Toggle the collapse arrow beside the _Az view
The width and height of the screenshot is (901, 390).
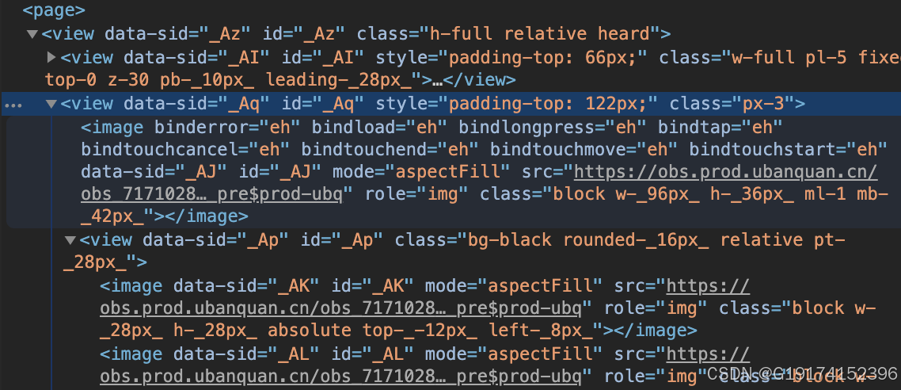tap(32, 34)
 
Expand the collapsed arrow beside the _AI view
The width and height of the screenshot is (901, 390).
tap(51, 57)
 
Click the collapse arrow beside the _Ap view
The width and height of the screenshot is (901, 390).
tap(70, 239)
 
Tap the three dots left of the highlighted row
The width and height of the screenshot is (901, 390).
tap(18, 104)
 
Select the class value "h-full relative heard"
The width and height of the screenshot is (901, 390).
tap(545, 34)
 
